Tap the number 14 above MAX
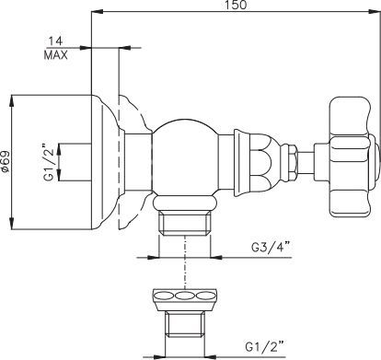(x=55, y=41)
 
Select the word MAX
(x=56, y=55)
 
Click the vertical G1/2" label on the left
(x=49, y=162)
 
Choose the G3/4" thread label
(x=271, y=247)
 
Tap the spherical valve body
(x=185, y=157)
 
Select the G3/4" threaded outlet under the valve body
(x=185, y=223)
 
